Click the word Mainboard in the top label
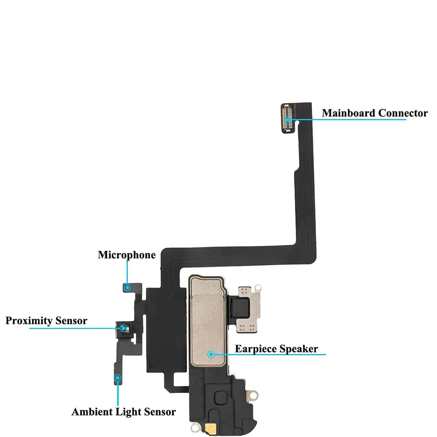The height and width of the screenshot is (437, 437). (349, 113)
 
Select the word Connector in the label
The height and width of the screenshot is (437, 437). (403, 113)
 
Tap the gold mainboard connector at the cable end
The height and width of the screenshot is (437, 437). (288, 118)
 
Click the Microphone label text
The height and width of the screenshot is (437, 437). (126, 255)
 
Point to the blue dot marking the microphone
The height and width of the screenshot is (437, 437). (128, 287)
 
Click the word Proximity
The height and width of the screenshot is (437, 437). (29, 321)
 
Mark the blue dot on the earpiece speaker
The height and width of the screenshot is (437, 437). (212, 354)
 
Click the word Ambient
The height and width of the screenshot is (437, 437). (91, 412)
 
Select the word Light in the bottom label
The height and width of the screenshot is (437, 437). (127, 412)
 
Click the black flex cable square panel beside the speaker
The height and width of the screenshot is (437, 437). (164, 332)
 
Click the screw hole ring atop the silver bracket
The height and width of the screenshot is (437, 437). (258, 288)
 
